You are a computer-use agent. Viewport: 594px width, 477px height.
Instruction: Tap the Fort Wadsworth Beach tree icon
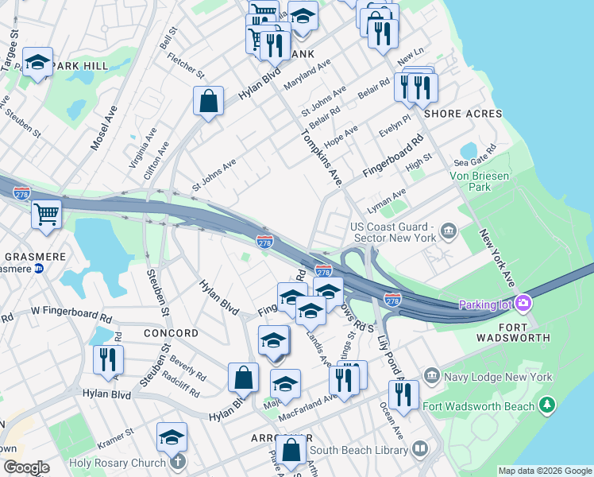546,406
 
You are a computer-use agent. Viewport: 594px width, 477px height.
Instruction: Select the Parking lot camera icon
523,303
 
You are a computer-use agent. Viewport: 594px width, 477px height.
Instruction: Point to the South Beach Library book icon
420,450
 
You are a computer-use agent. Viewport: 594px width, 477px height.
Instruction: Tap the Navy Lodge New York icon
431,375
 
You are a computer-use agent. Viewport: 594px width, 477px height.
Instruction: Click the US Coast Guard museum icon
449,231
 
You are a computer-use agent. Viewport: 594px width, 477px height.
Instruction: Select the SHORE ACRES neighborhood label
463,114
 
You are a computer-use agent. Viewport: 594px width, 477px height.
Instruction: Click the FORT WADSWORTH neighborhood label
513,332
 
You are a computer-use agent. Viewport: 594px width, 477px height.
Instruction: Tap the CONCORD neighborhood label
171,333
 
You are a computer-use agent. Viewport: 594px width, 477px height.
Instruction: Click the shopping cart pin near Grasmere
47,213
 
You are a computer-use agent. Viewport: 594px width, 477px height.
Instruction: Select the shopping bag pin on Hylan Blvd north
208,101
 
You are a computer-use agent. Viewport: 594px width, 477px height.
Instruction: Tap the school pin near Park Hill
37,62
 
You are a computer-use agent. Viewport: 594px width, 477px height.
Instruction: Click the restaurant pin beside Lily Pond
403,394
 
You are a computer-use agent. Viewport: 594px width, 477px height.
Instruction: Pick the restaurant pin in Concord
108,359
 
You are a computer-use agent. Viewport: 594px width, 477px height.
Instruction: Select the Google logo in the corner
26,467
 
